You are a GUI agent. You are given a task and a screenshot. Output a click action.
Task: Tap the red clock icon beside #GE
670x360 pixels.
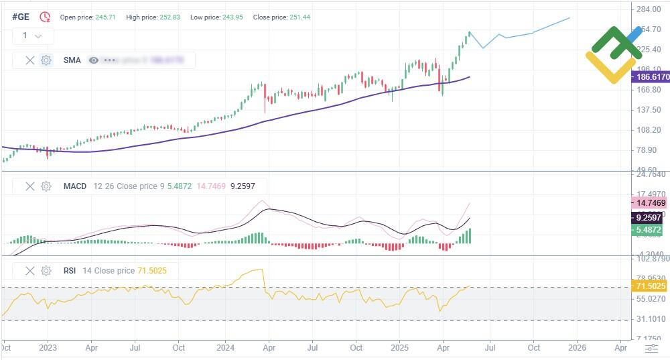point(45,17)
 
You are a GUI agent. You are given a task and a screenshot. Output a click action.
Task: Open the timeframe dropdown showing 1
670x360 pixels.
point(32,36)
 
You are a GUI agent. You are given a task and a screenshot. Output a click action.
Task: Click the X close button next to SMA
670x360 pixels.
point(29,60)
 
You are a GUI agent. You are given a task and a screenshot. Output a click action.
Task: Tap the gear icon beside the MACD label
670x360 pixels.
point(46,186)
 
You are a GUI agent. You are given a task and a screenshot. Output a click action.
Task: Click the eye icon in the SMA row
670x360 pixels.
point(94,60)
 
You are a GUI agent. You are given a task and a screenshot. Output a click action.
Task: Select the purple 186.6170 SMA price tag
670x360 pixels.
point(651,77)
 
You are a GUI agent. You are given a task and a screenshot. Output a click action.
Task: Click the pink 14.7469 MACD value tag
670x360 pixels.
point(651,202)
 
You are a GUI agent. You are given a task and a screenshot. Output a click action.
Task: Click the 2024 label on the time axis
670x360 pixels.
point(225,348)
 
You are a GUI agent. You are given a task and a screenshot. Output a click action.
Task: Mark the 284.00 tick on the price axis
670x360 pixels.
point(649,9)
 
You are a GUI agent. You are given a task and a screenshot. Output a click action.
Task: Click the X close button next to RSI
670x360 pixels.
point(29,271)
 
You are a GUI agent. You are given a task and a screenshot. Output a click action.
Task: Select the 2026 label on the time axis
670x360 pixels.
point(577,348)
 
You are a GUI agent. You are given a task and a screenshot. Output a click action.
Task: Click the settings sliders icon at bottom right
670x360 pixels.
point(651,348)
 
